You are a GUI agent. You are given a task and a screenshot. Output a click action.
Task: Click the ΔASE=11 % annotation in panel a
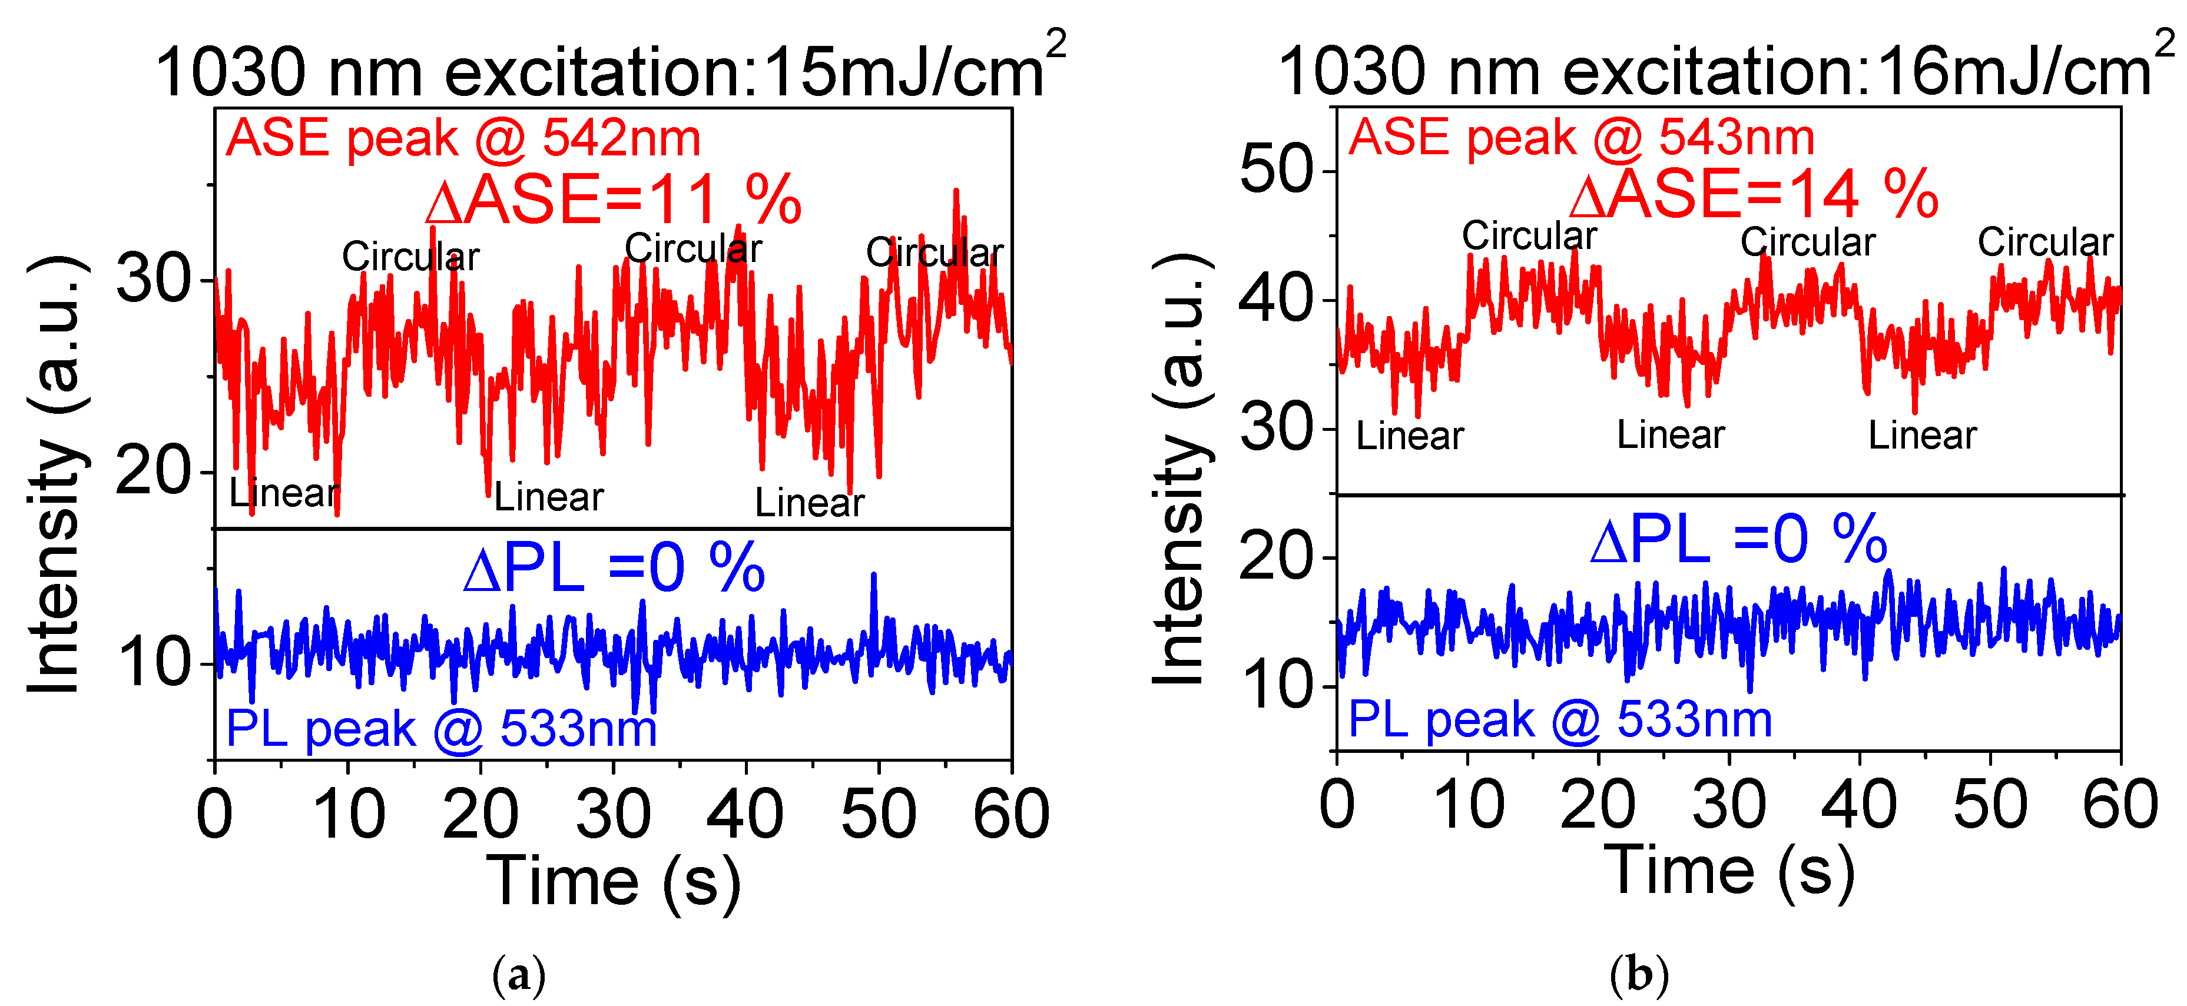tap(613, 200)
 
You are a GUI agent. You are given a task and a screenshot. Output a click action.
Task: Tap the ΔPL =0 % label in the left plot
tap(614, 568)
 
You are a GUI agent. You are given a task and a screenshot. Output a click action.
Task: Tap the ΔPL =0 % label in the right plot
tap(1738, 539)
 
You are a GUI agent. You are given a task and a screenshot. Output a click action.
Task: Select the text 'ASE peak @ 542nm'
tap(463, 138)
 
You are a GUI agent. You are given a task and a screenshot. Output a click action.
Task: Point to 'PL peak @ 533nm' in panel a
tap(442, 728)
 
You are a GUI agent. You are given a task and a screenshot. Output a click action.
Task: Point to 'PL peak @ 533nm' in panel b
tap(1560, 720)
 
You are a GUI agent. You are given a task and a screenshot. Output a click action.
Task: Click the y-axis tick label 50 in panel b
tap(1276, 170)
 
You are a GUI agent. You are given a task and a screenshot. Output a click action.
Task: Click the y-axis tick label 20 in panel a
tap(153, 472)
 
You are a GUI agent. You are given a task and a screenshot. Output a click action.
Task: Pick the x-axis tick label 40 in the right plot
tap(1858, 804)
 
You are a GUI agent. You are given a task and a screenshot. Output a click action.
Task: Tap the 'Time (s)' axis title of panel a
tap(613, 881)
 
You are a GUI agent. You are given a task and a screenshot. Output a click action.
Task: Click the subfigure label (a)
tap(519, 975)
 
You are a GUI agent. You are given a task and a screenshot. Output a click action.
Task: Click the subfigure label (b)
tap(1639, 975)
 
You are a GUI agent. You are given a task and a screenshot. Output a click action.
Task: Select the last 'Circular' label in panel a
tap(934, 252)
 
